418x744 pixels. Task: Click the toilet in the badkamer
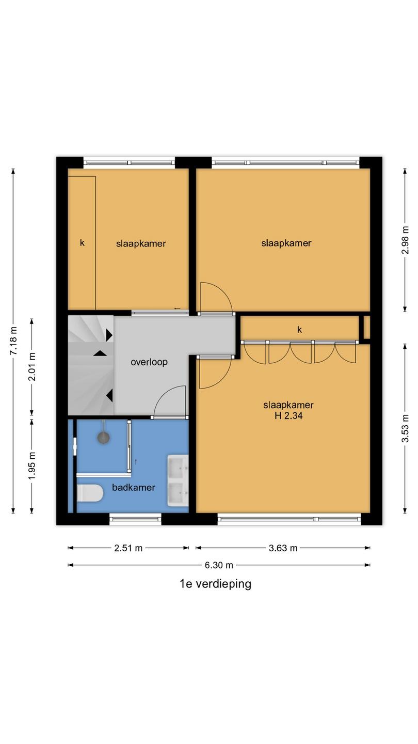click(90, 493)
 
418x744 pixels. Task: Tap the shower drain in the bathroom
click(104, 438)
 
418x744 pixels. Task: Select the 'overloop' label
click(149, 362)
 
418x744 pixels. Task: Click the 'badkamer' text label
click(133, 488)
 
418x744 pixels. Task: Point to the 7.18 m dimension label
click(13, 341)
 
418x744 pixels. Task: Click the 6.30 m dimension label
click(219, 565)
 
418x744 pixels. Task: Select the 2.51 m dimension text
click(128, 548)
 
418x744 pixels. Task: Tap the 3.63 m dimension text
click(283, 548)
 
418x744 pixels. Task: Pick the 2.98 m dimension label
click(405, 240)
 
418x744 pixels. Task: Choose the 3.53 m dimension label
click(405, 428)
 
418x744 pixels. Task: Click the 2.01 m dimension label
click(32, 367)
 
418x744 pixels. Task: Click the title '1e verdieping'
click(216, 584)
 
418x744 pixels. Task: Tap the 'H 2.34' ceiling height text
click(288, 415)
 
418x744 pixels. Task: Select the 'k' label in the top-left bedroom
click(82, 243)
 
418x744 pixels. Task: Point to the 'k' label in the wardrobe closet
click(299, 330)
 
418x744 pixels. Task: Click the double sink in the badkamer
click(178, 481)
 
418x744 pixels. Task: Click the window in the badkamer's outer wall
click(135, 519)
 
